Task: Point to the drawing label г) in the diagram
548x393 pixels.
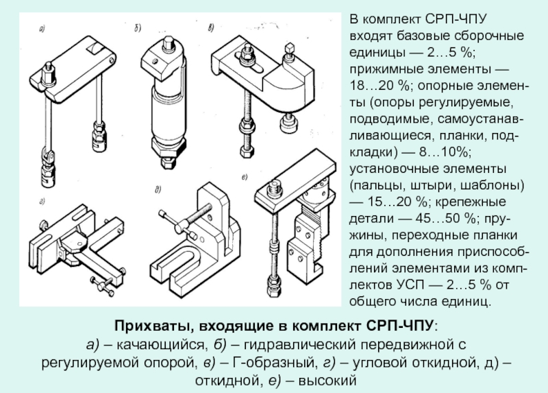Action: tap(42, 202)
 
